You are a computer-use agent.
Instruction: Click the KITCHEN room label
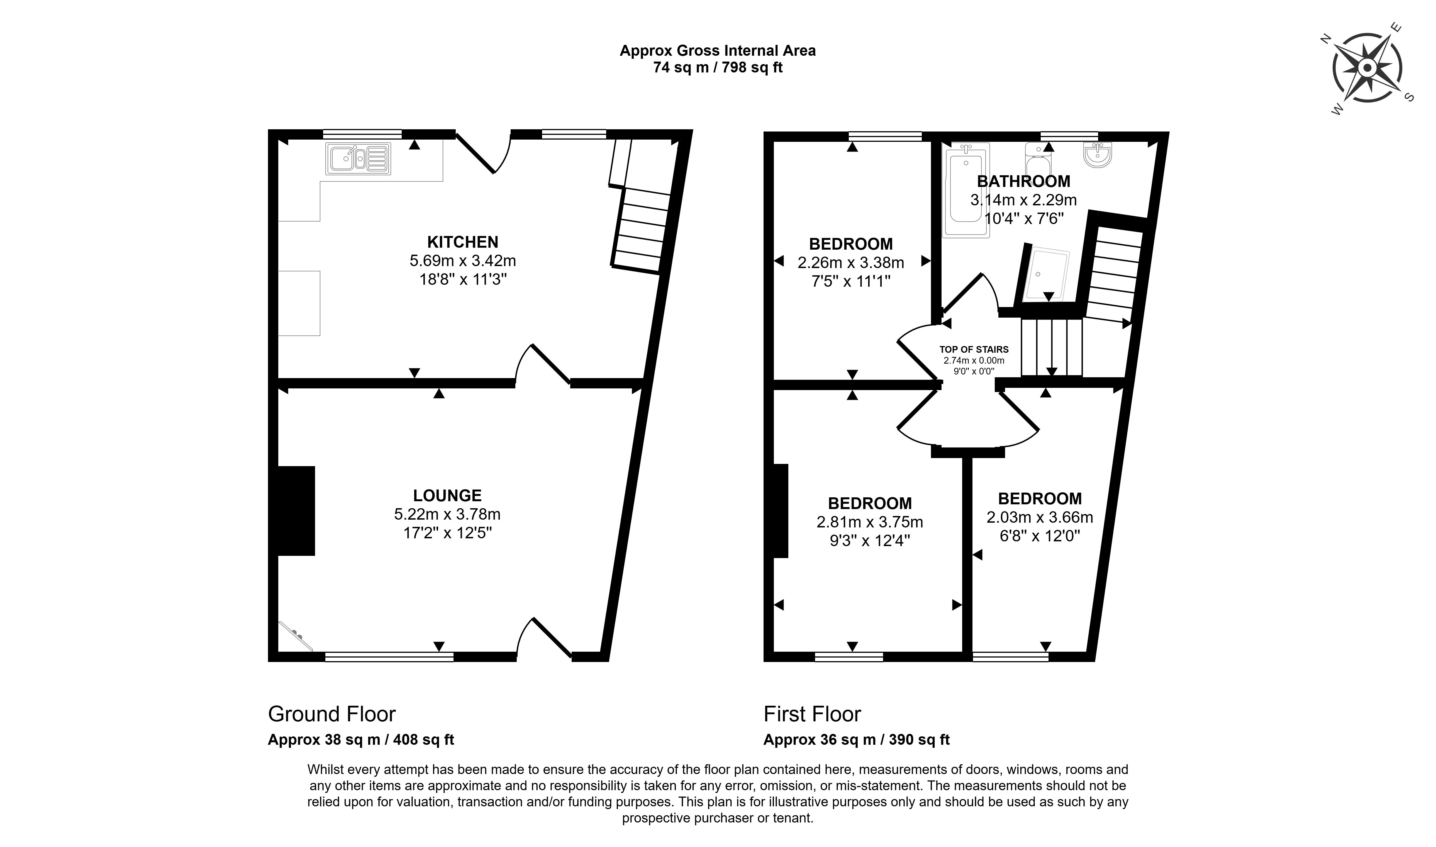(x=463, y=242)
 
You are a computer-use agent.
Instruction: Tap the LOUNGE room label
(x=447, y=495)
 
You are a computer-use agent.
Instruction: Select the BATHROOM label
(x=1023, y=181)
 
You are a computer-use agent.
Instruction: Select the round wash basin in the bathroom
(x=1097, y=155)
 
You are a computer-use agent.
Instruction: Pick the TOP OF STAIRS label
(x=974, y=349)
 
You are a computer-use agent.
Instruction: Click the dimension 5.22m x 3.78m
(x=447, y=514)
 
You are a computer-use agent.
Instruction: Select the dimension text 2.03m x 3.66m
(x=1040, y=517)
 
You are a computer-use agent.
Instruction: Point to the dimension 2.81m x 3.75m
(x=869, y=522)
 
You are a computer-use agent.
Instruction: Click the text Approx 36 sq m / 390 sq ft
(x=856, y=740)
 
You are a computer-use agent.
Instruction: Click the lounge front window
(x=389, y=657)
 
